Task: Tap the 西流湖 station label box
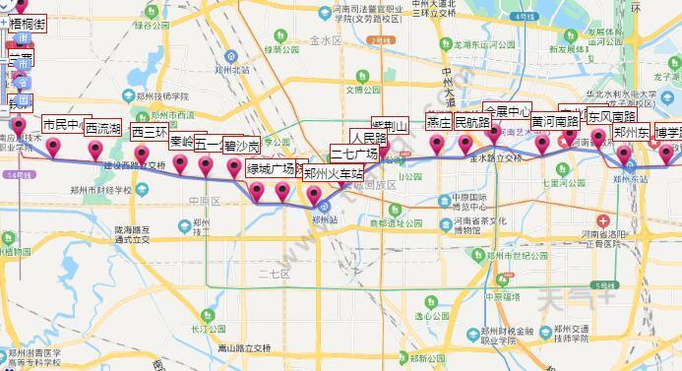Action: coord(102,129)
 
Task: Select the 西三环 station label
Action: coord(150,132)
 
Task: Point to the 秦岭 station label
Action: coord(181,142)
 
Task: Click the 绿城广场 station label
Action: coord(272,167)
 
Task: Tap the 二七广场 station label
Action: coord(354,155)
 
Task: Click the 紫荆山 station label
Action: coord(391,125)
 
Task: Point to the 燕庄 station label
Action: coord(439,122)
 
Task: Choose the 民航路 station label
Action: coord(471,123)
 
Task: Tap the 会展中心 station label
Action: coord(508,111)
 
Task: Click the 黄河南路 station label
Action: coord(555,122)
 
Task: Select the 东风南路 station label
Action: coord(612,116)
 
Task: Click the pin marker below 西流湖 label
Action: coord(95,150)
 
